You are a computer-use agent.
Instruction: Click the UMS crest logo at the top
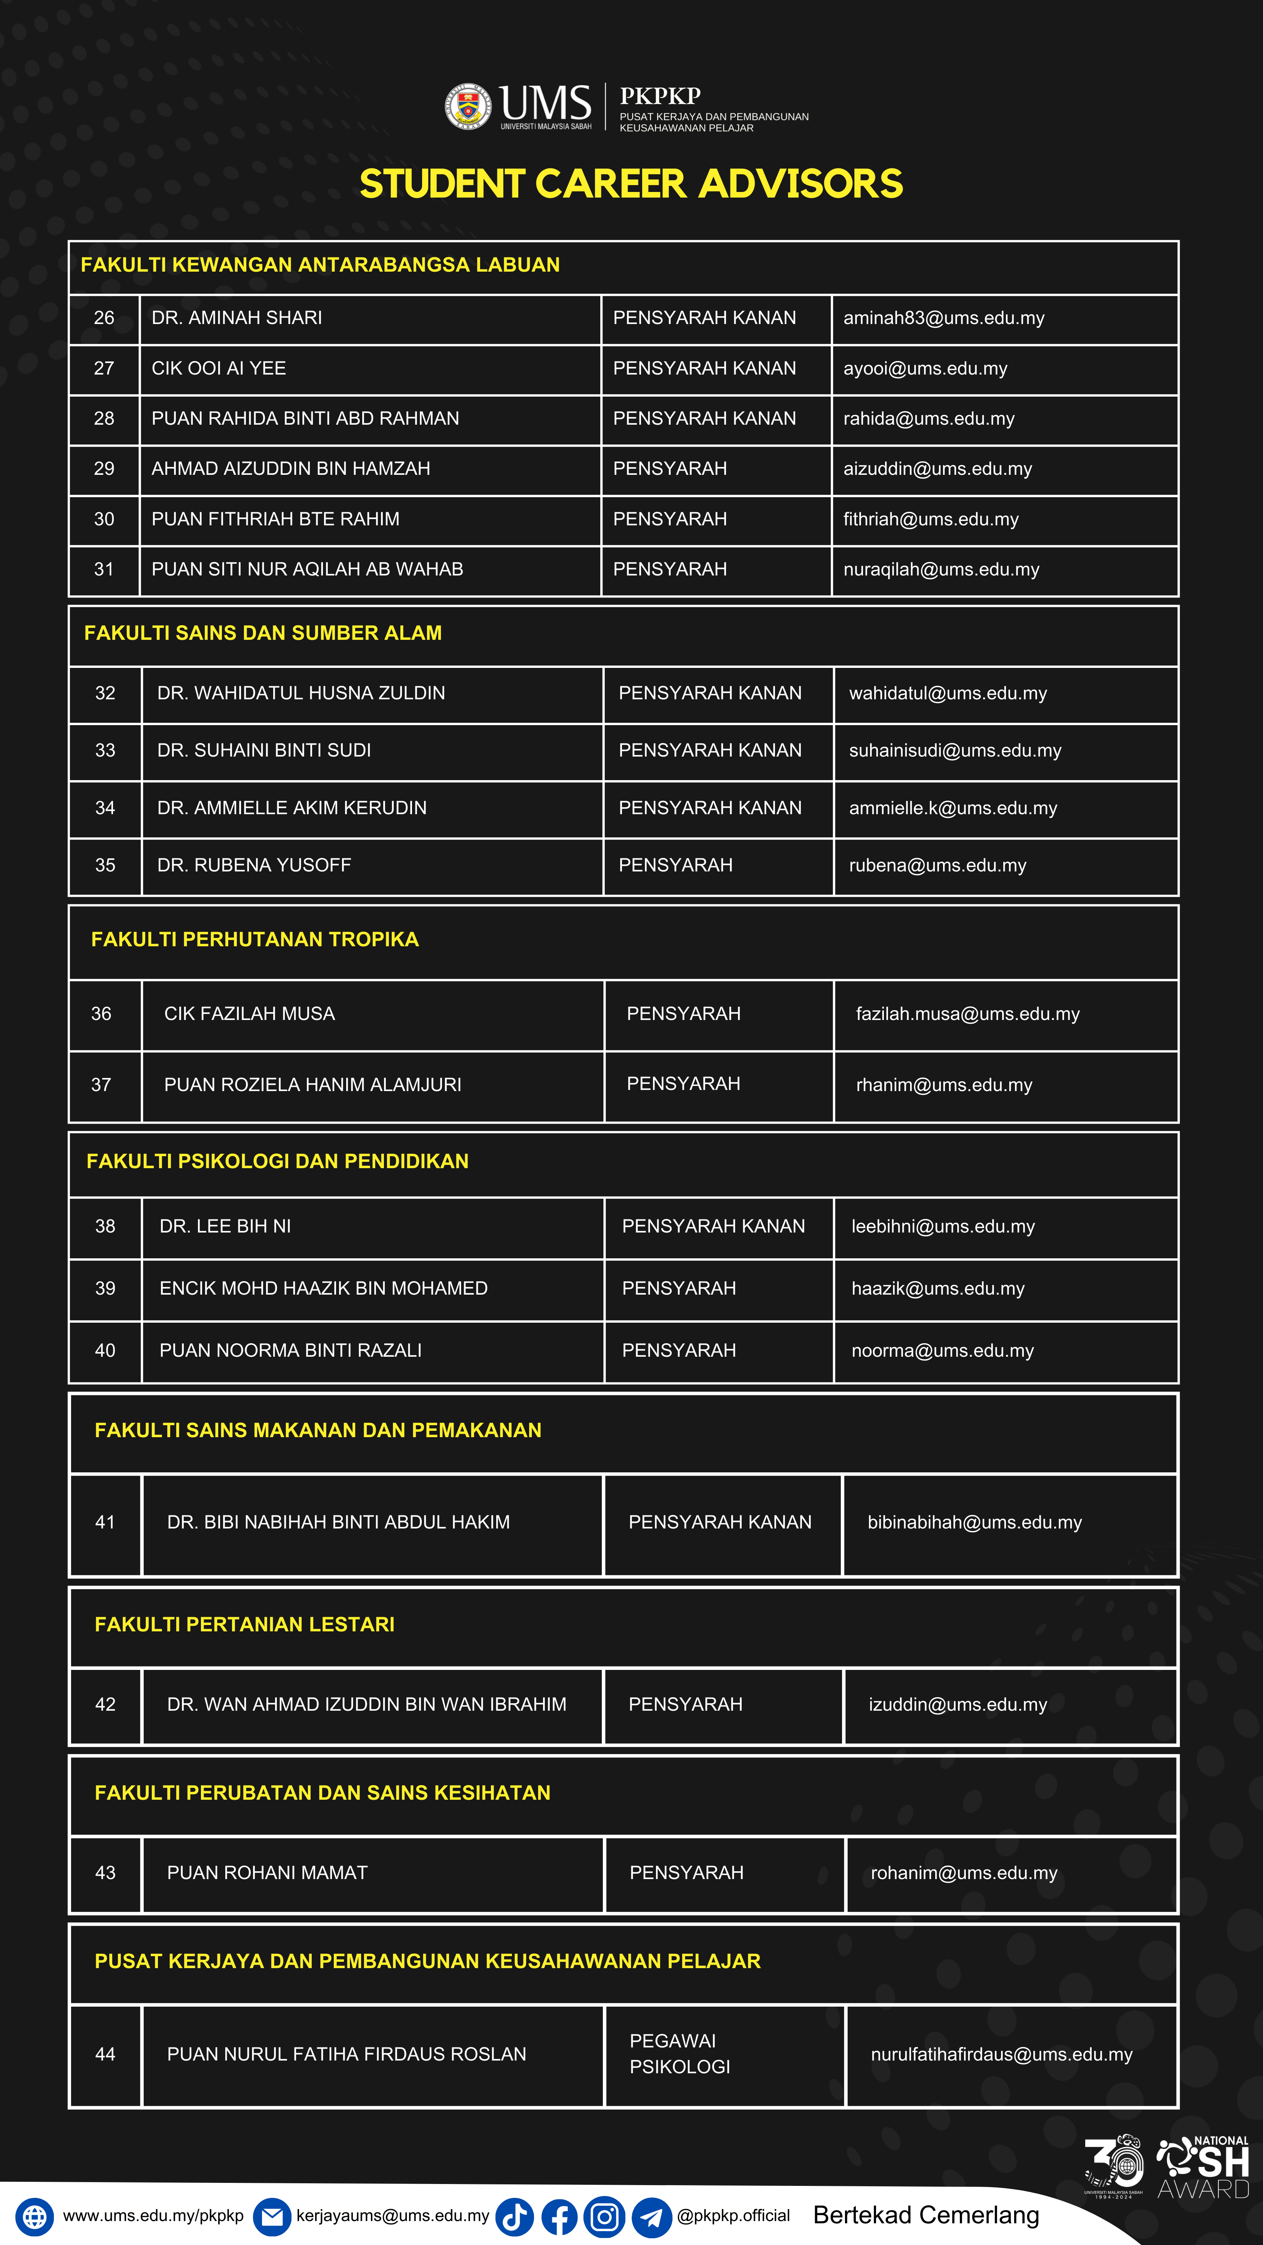click(x=468, y=106)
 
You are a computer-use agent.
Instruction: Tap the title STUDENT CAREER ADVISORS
click(x=631, y=184)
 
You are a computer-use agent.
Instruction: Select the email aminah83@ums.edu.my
click(x=943, y=318)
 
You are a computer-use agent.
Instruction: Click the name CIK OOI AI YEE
click(x=219, y=369)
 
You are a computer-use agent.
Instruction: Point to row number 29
click(x=104, y=469)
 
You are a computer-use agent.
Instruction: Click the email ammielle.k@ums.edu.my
click(x=953, y=808)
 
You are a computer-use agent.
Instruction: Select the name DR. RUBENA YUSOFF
click(x=254, y=865)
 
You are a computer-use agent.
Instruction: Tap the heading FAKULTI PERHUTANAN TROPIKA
click(x=254, y=940)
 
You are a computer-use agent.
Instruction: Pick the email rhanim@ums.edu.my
click(x=944, y=1085)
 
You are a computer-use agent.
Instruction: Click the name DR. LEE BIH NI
click(x=225, y=1226)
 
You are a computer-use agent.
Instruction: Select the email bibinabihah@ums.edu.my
click(x=974, y=1522)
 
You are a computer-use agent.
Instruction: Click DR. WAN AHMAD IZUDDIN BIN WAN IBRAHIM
click(x=366, y=1705)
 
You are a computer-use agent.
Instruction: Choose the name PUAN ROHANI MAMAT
click(x=267, y=1873)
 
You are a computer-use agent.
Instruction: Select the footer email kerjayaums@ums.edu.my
click(x=392, y=2215)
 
